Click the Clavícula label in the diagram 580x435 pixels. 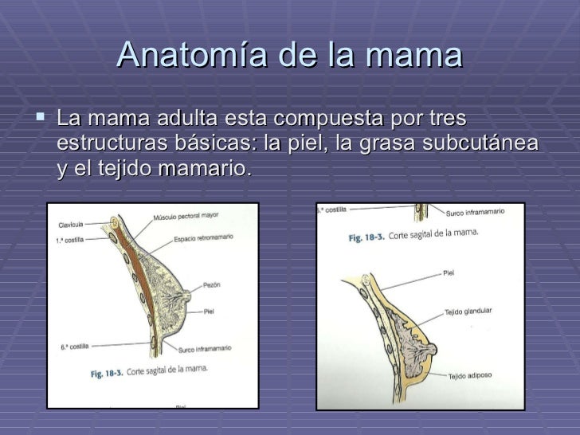coord(72,225)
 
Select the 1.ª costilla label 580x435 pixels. coord(70,240)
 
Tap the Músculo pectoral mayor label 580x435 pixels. coord(186,216)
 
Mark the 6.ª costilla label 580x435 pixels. coord(74,346)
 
